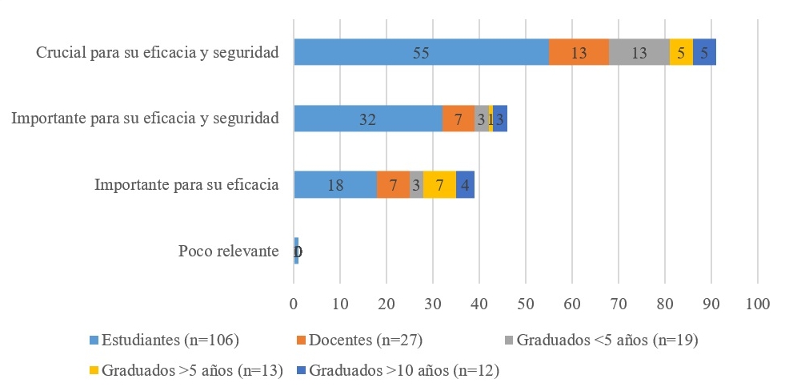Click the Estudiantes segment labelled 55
pyautogui.click(x=421, y=52)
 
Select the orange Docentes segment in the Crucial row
pyautogui.click(x=579, y=52)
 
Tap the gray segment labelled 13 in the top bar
pyautogui.click(x=639, y=52)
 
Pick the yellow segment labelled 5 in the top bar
pyautogui.click(x=681, y=52)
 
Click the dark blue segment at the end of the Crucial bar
pyautogui.click(x=704, y=52)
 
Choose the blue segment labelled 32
pyautogui.click(x=367, y=119)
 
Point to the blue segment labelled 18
pyautogui.click(x=335, y=184)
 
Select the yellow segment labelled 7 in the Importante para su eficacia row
pyautogui.click(x=439, y=184)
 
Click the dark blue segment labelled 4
pyautogui.click(x=465, y=184)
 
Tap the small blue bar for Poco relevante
pyautogui.click(x=296, y=251)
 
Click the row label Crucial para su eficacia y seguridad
pyautogui.click(x=157, y=53)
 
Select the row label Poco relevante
pyautogui.click(x=228, y=252)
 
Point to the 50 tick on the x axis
pyautogui.click(x=526, y=304)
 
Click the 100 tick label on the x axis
pyautogui.click(x=757, y=304)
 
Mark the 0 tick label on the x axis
pyautogui.click(x=294, y=304)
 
